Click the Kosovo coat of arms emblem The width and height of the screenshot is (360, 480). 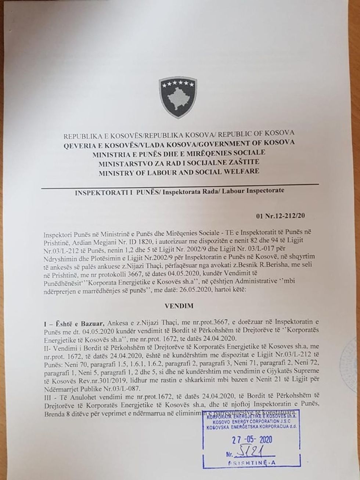178,97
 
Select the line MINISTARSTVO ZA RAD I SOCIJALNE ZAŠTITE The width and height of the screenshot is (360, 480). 176,162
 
